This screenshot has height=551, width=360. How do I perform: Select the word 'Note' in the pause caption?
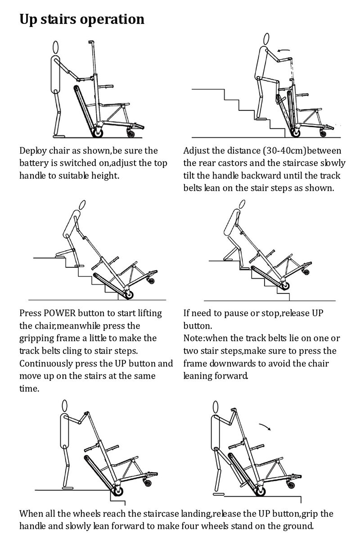(193, 338)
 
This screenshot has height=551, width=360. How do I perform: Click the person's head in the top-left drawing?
(56, 47)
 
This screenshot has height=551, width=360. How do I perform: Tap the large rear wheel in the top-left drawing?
(97, 132)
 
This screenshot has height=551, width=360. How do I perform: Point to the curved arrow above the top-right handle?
(283, 51)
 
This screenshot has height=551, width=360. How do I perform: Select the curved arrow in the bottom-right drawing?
(264, 425)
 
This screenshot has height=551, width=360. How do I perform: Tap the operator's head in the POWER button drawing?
(82, 205)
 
